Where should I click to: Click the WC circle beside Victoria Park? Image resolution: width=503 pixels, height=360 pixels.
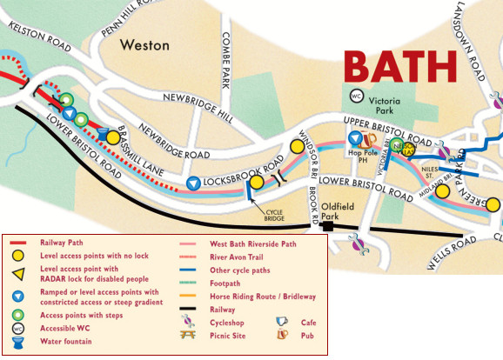coord(356,96)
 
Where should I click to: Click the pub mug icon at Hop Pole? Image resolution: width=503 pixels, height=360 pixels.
coord(370,139)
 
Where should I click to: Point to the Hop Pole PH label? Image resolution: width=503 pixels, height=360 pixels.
coord(362,157)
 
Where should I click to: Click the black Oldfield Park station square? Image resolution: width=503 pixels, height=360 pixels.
coord(328,228)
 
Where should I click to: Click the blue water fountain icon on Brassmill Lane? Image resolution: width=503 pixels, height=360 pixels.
coord(104,134)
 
